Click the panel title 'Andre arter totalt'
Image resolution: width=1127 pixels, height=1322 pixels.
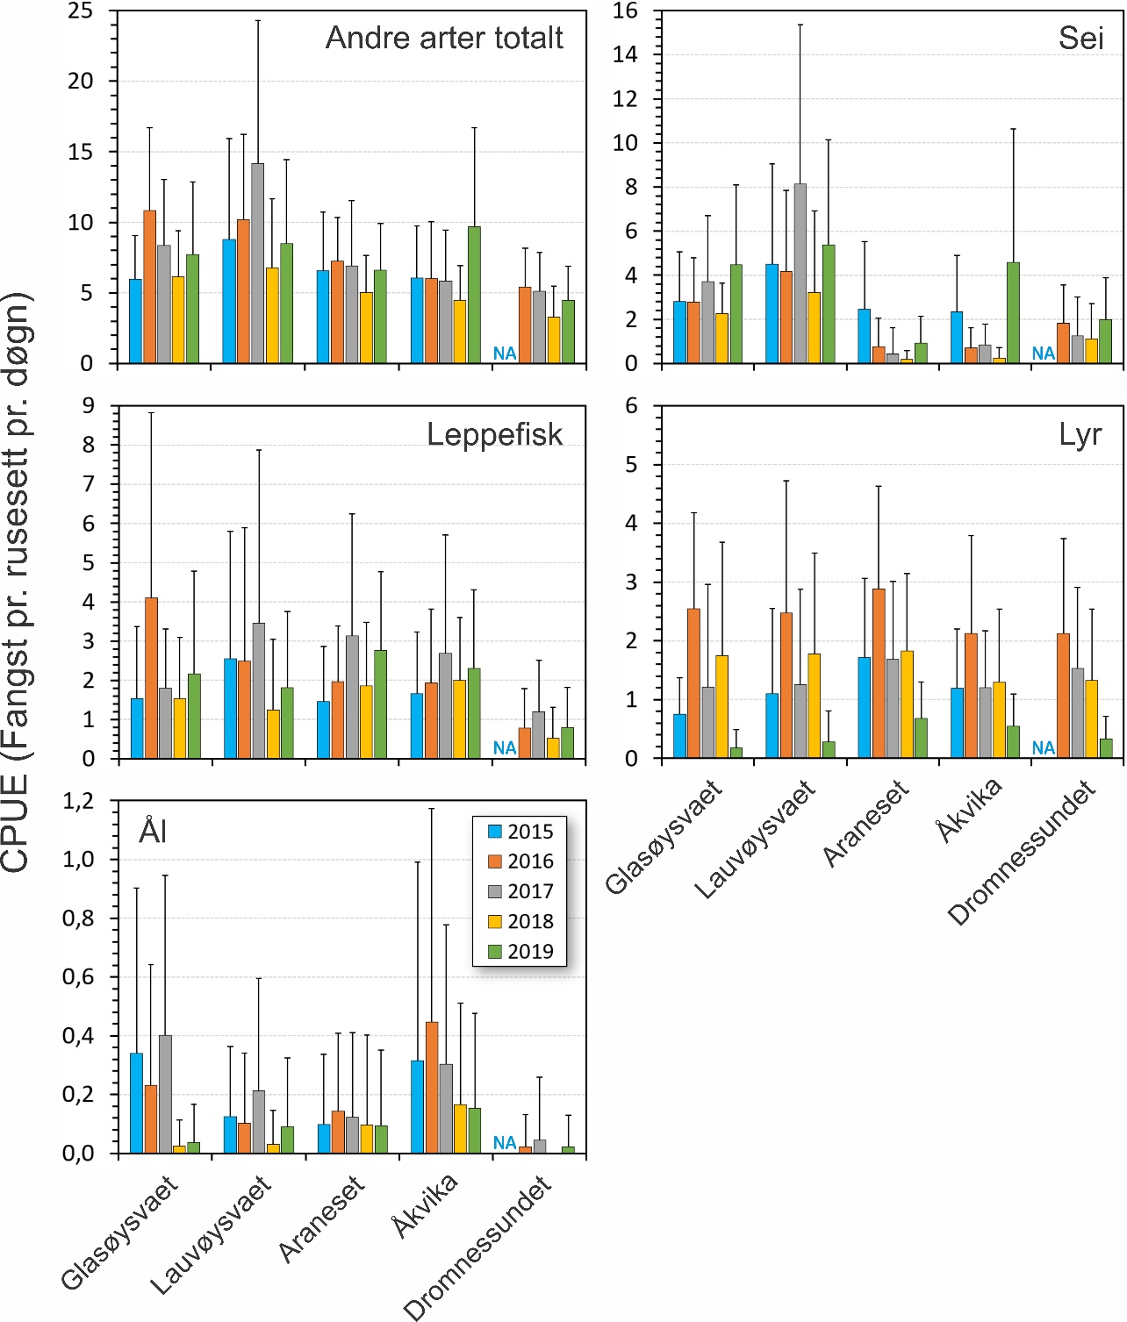[444, 38]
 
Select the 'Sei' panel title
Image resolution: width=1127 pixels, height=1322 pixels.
[1080, 38]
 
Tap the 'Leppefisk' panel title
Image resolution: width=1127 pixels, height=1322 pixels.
[494, 434]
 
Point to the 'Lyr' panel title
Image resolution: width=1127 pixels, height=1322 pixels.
[1080, 434]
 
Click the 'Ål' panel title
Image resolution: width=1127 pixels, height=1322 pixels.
[153, 831]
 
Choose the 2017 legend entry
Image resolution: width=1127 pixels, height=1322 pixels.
[520, 891]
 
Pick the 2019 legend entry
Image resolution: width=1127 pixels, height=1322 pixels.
[520, 951]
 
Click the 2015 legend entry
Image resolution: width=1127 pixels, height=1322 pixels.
[520, 832]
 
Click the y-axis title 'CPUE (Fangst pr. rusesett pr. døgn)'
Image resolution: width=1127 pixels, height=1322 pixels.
[18, 583]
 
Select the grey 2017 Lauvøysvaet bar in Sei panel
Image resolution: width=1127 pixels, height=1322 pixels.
[800, 274]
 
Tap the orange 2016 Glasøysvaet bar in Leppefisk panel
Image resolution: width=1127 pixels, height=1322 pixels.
[151, 677]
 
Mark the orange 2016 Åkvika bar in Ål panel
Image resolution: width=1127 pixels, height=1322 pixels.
[432, 1087]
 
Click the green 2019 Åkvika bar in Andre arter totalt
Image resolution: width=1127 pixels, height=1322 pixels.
[474, 295]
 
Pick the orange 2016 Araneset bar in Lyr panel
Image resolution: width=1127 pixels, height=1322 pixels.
[879, 673]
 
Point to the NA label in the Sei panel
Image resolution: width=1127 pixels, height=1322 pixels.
[1043, 354]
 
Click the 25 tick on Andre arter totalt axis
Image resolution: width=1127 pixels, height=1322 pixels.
[81, 11]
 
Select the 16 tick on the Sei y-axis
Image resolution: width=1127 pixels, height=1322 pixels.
[625, 11]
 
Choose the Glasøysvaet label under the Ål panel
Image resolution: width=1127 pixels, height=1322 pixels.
[119, 1233]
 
